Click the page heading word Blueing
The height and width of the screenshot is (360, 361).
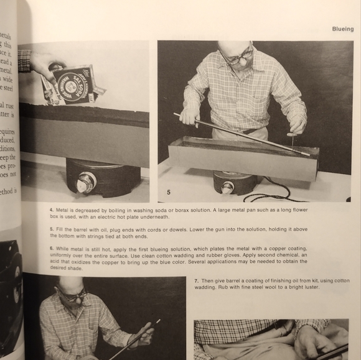point(342,29)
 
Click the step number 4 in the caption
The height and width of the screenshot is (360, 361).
point(52,210)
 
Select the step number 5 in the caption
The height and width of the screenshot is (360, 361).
point(52,229)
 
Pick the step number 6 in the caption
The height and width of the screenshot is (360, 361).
point(52,248)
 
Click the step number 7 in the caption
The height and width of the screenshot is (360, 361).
point(196,280)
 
